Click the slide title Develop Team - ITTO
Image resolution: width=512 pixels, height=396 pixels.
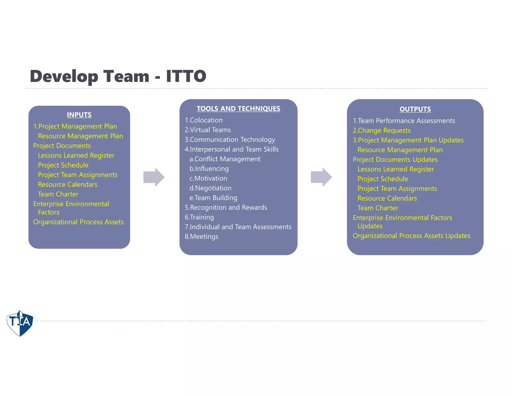pyautogui.click(x=118, y=76)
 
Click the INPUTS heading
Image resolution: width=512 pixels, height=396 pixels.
pyautogui.click(x=79, y=115)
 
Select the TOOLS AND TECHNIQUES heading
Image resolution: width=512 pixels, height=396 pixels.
pyautogui.click(x=238, y=109)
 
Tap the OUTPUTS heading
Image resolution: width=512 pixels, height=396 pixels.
pyautogui.click(x=415, y=109)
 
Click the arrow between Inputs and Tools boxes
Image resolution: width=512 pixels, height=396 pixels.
pyautogui.click(x=154, y=177)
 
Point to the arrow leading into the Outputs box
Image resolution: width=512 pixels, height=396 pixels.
pyautogui.click(x=321, y=177)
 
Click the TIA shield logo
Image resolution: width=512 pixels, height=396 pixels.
pyautogui.click(x=20, y=323)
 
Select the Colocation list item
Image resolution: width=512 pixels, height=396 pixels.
pyautogui.click(x=203, y=120)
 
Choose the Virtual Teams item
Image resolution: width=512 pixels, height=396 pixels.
pyautogui.click(x=208, y=130)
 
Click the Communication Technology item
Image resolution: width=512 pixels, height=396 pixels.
pyautogui.click(x=230, y=139)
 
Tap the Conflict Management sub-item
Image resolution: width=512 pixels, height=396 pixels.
pyautogui.click(x=225, y=159)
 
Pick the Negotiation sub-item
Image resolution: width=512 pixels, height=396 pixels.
pyautogui.click(x=210, y=188)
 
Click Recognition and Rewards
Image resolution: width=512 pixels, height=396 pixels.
pyautogui.click(x=226, y=208)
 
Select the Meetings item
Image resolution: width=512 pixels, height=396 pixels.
pyautogui.click(x=201, y=237)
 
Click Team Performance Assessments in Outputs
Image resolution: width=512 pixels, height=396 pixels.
pyautogui.click(x=404, y=121)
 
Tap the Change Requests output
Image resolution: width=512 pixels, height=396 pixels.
pyautogui.click(x=381, y=130)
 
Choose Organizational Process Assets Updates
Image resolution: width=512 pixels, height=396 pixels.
pyautogui.click(x=411, y=236)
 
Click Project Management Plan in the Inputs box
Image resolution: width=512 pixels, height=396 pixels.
pyautogui.click(x=75, y=126)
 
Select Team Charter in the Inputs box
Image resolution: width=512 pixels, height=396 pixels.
pyautogui.click(x=58, y=194)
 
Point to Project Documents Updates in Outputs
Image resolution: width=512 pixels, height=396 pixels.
pyautogui.click(x=395, y=159)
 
